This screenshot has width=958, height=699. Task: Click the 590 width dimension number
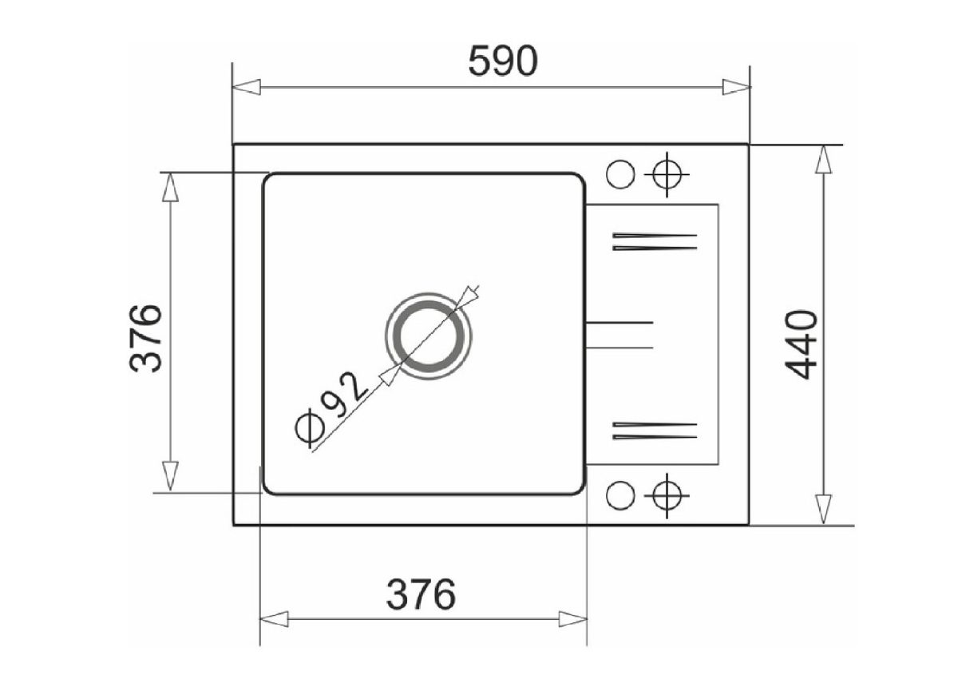click(503, 62)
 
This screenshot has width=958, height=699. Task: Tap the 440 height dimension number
click(801, 345)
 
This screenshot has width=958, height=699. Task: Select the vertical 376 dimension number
click(145, 338)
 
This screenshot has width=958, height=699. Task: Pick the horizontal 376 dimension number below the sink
click(421, 594)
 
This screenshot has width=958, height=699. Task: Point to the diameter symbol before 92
click(310, 428)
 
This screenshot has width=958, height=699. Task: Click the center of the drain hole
click(429, 336)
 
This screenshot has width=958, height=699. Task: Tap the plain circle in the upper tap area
click(620, 174)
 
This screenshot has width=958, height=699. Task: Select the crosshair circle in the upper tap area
click(667, 174)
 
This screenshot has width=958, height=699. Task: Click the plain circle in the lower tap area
click(620, 495)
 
